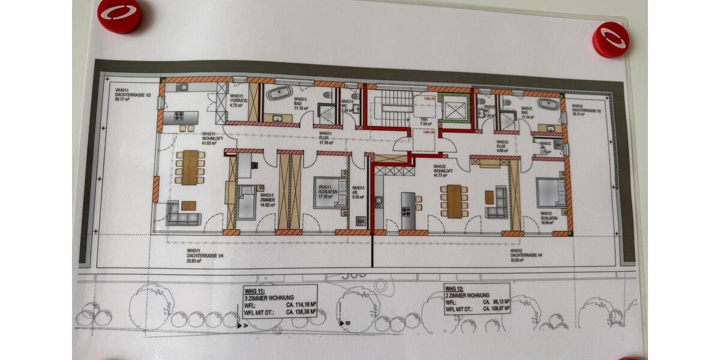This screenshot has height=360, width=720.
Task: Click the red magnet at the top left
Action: click(x=119, y=15)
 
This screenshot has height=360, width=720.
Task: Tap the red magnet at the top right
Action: click(x=611, y=39)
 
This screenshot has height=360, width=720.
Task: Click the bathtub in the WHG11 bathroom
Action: click(x=279, y=93)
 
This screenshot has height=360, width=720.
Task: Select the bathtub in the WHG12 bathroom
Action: click(x=548, y=104)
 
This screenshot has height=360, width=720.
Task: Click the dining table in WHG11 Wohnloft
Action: click(x=190, y=167)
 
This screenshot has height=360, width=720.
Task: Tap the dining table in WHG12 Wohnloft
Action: click(x=454, y=201)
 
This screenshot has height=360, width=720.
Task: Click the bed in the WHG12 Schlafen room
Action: click(x=551, y=193)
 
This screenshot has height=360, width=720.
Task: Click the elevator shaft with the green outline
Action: click(x=454, y=108)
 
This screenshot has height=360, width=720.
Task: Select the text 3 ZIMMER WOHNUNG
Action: click(x=269, y=298)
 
